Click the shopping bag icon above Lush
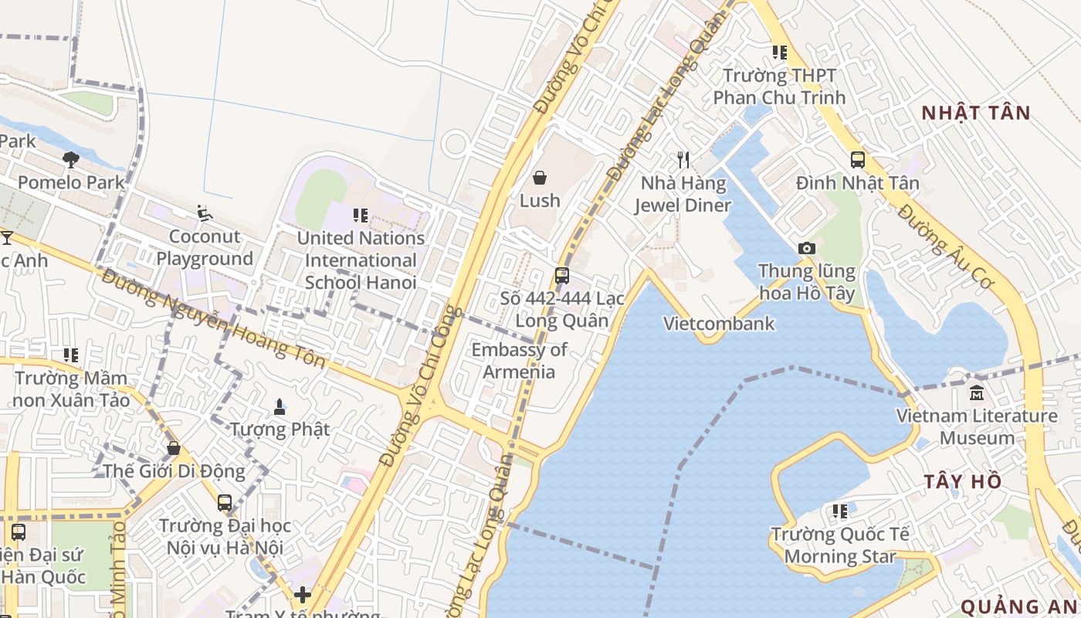[x=540, y=178]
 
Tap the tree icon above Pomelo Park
[x=70, y=160]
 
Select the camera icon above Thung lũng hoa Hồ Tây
[x=807, y=249]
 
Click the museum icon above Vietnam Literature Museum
[x=976, y=393]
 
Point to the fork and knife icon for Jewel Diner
[x=683, y=160]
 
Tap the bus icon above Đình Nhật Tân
[x=858, y=160]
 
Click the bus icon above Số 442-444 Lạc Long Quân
[x=562, y=276]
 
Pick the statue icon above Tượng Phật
[x=280, y=406]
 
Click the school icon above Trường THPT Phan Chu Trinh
[x=780, y=53]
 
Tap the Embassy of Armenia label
[x=519, y=361]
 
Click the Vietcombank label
[x=719, y=324]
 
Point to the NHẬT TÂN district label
[x=976, y=113]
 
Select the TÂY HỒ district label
[x=963, y=482]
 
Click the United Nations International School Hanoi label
[x=361, y=260]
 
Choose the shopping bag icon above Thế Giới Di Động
[x=174, y=448]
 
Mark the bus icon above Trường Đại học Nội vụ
[x=225, y=504]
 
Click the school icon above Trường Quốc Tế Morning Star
[x=840, y=511]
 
